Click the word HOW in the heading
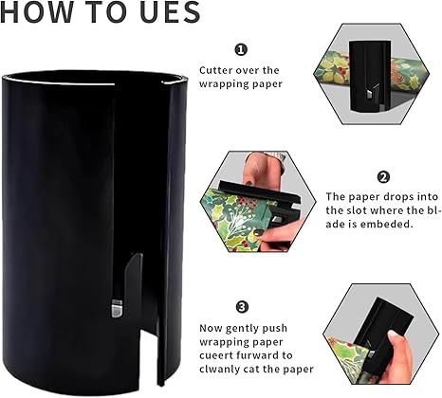click(37, 11)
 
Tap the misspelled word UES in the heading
click(170, 11)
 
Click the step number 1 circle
click(241, 50)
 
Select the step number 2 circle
click(383, 177)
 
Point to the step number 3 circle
click(242, 307)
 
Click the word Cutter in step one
click(214, 70)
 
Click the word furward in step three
click(252, 355)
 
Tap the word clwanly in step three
click(217, 370)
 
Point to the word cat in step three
click(249, 370)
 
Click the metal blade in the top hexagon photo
click(370, 94)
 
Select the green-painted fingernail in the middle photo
click(259, 232)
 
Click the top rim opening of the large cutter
click(94, 78)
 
